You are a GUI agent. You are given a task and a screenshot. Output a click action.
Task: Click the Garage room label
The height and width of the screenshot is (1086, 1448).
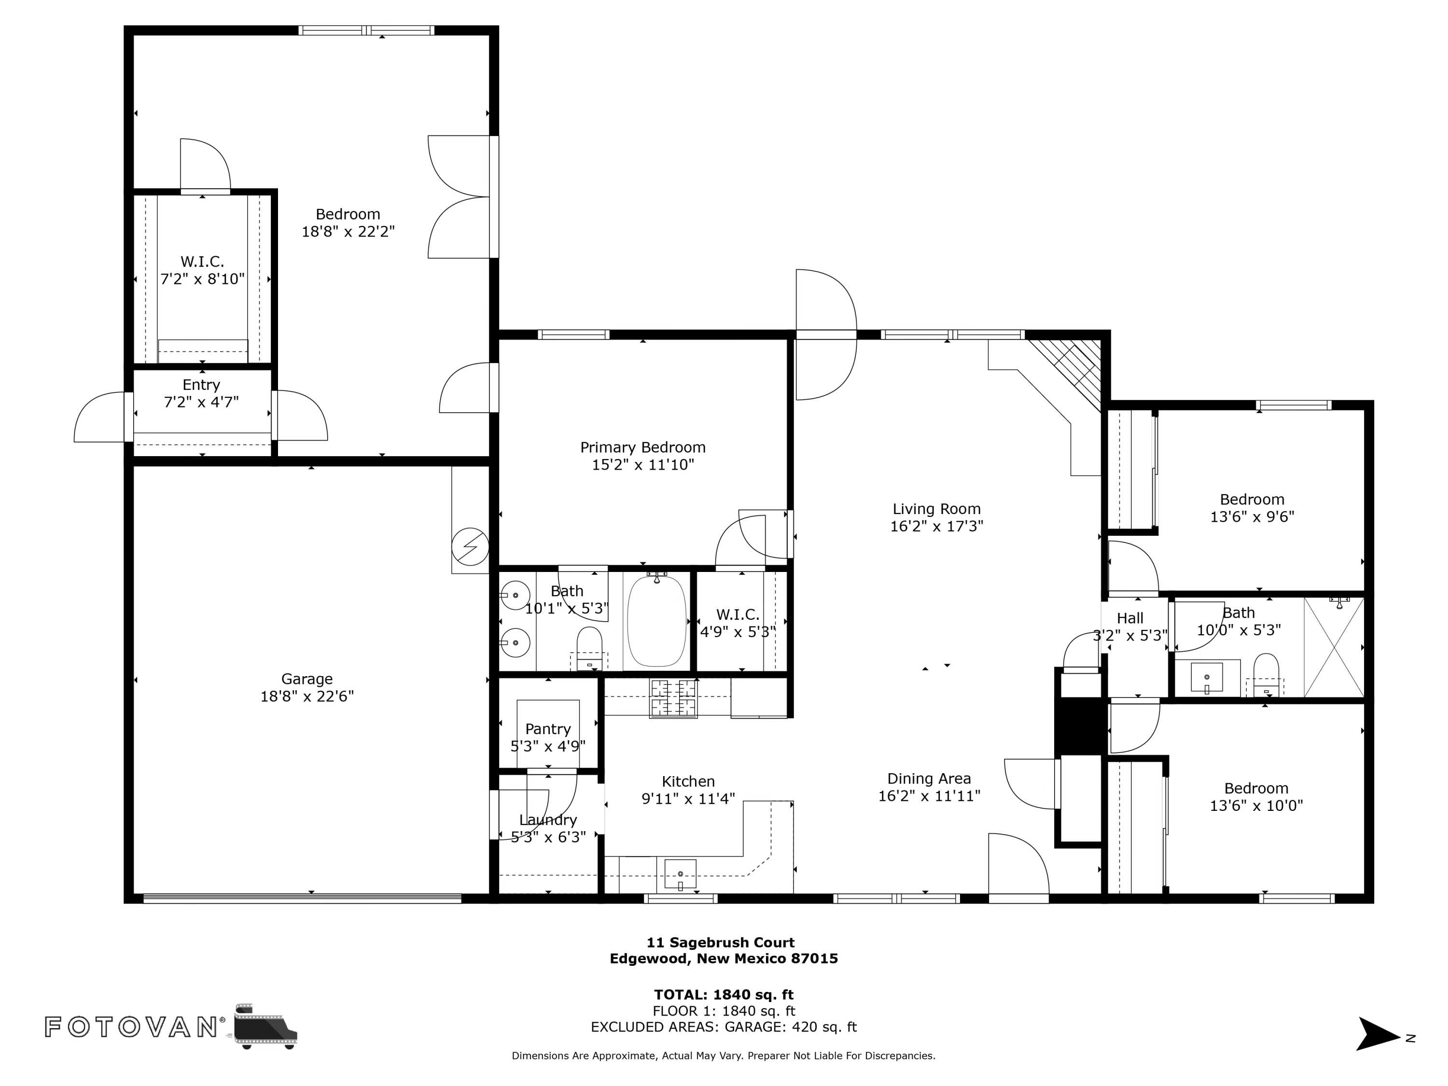(x=306, y=679)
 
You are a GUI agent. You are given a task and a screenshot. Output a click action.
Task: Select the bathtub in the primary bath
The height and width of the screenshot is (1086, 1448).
(x=656, y=621)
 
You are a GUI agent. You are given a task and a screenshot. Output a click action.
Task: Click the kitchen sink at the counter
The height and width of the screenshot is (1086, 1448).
(x=680, y=875)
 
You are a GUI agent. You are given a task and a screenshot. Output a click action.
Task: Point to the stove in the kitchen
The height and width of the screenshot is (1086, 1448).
(x=673, y=698)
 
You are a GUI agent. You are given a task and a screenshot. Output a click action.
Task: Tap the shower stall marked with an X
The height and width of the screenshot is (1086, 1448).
(x=1334, y=647)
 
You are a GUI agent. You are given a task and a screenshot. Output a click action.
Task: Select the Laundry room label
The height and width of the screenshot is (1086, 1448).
(x=548, y=820)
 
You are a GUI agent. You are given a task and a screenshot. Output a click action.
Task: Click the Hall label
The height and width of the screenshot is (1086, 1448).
(x=1130, y=618)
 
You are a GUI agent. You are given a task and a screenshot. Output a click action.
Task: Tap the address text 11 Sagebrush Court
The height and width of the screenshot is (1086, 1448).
(x=721, y=943)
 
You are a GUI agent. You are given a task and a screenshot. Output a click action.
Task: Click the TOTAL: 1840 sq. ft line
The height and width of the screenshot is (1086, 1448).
(x=724, y=995)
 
